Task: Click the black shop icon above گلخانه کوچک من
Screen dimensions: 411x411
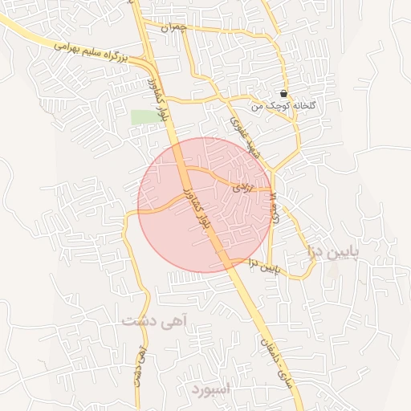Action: pyautogui.click(x=284, y=94)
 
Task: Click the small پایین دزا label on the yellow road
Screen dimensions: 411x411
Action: pyautogui.click(x=263, y=264)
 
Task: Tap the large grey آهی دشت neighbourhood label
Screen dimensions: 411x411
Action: pyautogui.click(x=153, y=320)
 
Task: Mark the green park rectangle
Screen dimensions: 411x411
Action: pyautogui.click(x=146, y=117)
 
